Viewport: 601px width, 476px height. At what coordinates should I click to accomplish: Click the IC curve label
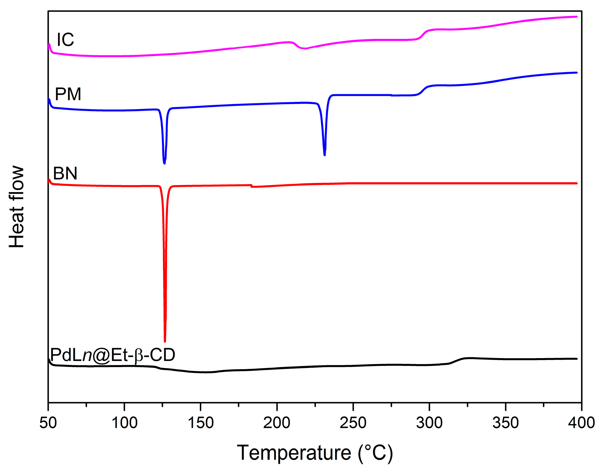65,40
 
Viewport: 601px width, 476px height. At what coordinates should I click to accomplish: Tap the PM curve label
68,94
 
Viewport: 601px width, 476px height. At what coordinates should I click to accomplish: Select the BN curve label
65,173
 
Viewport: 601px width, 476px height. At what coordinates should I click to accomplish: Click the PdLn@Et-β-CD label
112,355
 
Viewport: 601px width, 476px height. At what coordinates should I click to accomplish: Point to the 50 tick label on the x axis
48,423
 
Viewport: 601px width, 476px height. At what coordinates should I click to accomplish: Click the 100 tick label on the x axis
124,423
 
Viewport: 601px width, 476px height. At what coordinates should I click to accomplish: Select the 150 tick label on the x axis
200,423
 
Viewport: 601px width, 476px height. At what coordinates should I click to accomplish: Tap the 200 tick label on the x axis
277,423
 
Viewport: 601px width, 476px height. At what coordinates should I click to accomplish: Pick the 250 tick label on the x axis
353,423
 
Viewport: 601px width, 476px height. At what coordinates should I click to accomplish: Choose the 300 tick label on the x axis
429,423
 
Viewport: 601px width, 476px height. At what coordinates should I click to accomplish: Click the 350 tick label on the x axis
505,423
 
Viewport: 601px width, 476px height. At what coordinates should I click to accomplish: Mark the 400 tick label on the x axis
581,423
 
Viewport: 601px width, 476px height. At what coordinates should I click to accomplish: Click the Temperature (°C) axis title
315,453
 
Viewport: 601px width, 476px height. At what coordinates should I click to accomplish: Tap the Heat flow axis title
16,207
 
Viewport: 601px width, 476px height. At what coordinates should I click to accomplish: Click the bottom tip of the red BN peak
165,341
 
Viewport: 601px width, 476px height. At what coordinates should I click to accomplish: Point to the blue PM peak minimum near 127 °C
165,163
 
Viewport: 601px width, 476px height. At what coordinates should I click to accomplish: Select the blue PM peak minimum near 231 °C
324,155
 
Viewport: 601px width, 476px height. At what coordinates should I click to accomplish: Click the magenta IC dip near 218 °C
304,48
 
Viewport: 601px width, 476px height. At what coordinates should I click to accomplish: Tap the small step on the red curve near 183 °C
251,186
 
